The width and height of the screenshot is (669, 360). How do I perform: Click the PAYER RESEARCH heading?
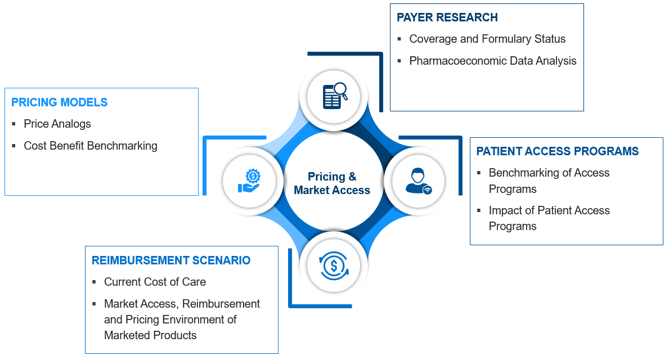coord(447,17)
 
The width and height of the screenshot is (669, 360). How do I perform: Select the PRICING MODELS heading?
coord(59,102)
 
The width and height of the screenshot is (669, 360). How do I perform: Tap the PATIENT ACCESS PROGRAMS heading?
coord(557,151)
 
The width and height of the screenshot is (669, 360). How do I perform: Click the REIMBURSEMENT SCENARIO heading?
coord(170,260)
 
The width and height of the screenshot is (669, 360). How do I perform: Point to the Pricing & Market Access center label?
coord(332,183)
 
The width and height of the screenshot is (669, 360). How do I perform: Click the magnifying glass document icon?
coord(334,96)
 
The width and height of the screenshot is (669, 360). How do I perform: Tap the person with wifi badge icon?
coord(418,181)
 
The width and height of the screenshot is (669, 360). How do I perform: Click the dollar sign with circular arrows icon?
coord(334,265)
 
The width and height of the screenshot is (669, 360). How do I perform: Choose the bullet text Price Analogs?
coord(57,124)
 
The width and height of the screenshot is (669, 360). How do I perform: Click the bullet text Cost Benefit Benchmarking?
coord(90,146)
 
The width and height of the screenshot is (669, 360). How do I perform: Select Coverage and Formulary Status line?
coord(487,39)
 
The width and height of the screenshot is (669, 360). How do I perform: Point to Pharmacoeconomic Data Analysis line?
coord(492,61)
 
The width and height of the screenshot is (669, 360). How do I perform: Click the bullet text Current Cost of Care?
coord(155,282)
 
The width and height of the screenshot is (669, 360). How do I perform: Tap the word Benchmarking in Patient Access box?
coord(522,173)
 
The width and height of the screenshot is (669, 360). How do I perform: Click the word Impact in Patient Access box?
coord(504,210)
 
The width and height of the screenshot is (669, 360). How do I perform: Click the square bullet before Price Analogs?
coord(14,124)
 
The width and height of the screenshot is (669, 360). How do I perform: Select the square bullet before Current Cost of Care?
coord(95,282)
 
